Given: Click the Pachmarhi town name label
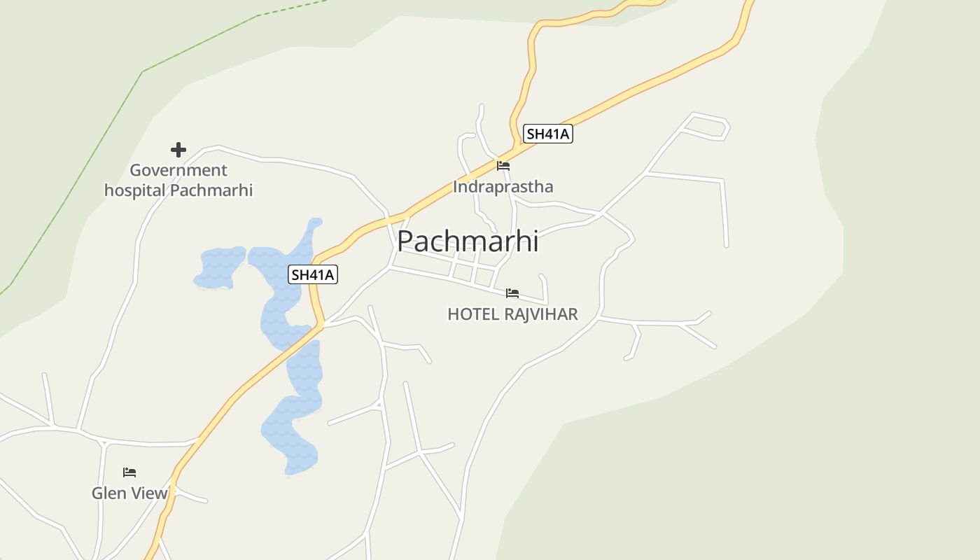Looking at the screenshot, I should pos(468,241).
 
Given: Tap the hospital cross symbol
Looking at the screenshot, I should pos(178,150).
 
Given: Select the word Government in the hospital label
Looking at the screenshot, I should pos(178,170).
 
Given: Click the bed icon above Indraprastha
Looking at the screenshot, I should pos(503,166).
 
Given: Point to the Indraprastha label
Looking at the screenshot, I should pos(503,187).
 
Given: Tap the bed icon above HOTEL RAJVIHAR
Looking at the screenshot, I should pos(512,293).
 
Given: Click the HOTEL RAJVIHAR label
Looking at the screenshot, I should pos(512,314).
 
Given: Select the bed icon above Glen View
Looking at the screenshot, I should pos(129,472).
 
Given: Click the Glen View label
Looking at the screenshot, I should pos(129,493).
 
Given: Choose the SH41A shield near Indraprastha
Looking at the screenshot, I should pos(548,134).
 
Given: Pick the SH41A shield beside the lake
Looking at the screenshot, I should pos(313,275).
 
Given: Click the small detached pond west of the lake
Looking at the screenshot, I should pos(220,267).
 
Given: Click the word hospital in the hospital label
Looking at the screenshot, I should pos(135,190).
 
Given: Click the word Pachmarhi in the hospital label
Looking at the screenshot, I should pos(211,190).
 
